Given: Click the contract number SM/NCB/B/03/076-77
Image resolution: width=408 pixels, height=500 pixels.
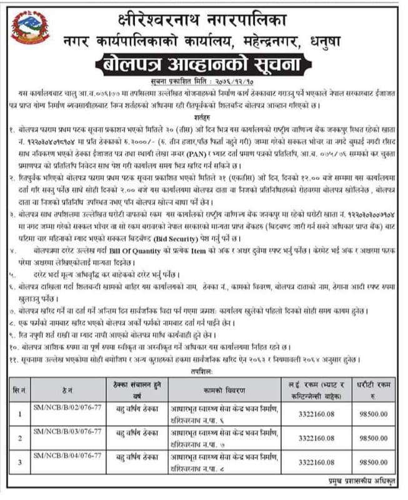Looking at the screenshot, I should pos(61,431).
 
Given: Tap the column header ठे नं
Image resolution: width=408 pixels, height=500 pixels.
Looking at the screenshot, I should pos(62,391).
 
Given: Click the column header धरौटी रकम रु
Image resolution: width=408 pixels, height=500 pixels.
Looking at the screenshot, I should pos(374,391).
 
